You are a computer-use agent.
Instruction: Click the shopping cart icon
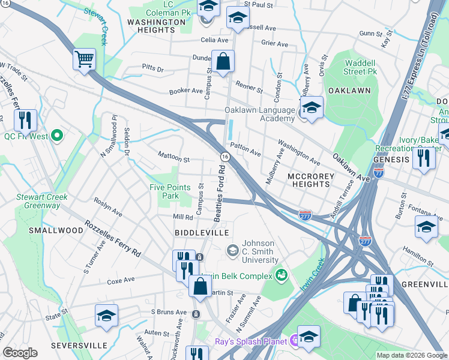85,59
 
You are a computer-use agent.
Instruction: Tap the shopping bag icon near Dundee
223,61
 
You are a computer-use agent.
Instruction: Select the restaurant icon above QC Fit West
25,120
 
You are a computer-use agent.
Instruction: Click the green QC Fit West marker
58,136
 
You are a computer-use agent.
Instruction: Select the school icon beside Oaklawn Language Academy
312,109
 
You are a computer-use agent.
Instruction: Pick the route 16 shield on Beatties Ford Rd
224,156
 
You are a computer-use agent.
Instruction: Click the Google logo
20,353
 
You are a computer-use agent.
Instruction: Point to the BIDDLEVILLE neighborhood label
194,232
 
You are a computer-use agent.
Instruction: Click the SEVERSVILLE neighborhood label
79,346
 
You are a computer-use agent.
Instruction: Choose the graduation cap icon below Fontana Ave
426,227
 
